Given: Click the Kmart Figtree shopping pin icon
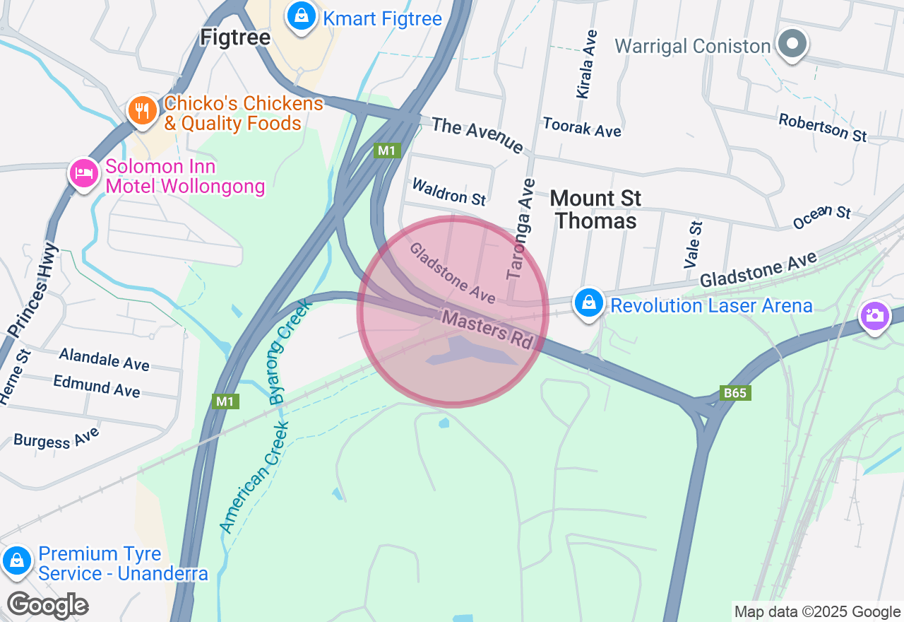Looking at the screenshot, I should point(302,16).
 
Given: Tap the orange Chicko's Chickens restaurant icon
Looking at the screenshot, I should point(143,111).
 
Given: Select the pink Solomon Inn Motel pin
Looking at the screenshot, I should point(83,173).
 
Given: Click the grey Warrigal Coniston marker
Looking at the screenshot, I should point(792,45).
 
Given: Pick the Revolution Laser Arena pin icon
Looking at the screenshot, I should point(588,303).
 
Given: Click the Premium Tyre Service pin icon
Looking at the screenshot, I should point(16,561).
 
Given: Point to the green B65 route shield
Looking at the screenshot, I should point(734,393).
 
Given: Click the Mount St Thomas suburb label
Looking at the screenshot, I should point(595,209).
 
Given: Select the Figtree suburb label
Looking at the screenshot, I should point(235,37).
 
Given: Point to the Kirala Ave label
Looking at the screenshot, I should point(587,64).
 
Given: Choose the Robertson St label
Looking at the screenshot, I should point(822,127).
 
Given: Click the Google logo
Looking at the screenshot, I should point(47,605).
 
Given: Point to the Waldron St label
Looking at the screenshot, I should point(448,192).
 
